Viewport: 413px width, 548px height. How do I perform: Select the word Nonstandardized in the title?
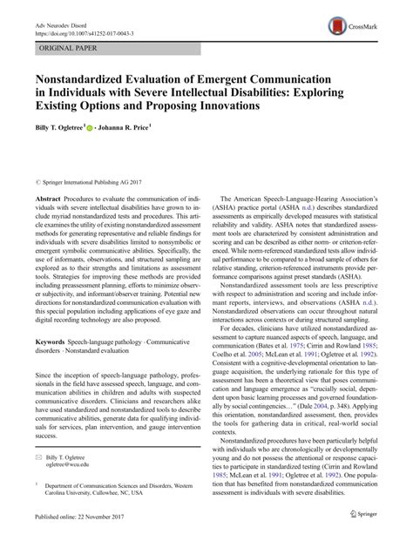click(x=84, y=80)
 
